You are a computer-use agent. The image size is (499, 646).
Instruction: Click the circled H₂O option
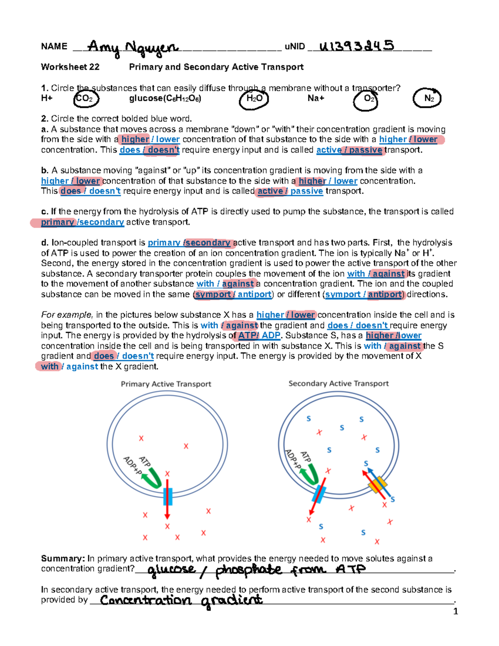pos(254,99)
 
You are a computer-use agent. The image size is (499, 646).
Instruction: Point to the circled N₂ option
pos(427,99)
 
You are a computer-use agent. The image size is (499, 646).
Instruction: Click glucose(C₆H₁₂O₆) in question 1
pos(165,99)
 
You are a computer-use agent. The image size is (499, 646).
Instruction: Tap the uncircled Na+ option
pos(316,98)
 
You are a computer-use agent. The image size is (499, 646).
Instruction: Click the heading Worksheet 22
pos(70,67)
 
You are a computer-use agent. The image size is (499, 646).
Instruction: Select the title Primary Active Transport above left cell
pos(166,384)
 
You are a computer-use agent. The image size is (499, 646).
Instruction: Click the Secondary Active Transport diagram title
pos(338,384)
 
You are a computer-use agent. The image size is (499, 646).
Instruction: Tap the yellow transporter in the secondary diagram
pos(378,485)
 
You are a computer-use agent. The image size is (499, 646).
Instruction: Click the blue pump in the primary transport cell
pos(168,496)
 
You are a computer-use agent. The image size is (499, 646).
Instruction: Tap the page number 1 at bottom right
pos(455,611)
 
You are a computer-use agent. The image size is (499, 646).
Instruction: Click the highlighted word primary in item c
pos(57,222)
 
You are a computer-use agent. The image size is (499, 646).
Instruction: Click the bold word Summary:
pos(63,559)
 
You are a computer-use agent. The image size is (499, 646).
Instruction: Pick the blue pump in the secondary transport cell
pos(319,494)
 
